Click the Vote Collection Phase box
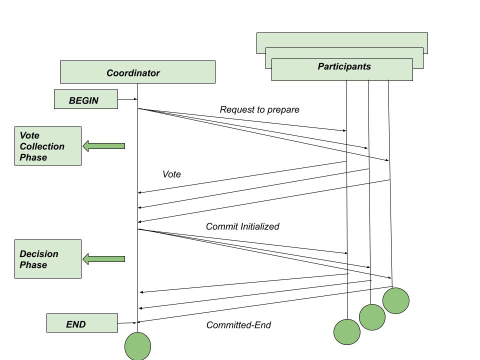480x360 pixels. [48, 146]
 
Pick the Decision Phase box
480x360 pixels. [48, 259]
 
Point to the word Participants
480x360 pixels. [344, 66]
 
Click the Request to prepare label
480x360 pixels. [259, 109]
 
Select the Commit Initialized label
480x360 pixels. [242, 226]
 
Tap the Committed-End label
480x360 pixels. [238, 325]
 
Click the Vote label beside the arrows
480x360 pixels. [171, 174]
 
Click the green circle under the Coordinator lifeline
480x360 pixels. [137, 346]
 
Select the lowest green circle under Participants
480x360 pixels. [347, 332]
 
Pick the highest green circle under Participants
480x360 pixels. [396, 300]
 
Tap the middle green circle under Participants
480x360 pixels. [372, 317]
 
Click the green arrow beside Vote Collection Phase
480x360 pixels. [103, 146]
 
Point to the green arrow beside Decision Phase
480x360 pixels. [103, 259]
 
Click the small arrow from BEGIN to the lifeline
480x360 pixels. [127, 99]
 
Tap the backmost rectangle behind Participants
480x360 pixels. [342, 40]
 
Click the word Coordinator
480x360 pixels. [133, 73]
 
